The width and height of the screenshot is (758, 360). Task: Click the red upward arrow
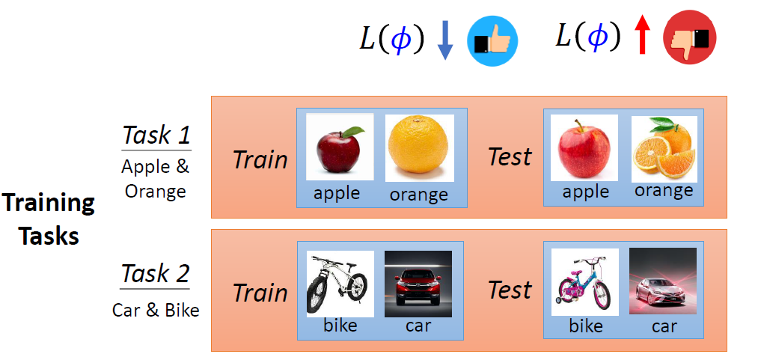pos(641,37)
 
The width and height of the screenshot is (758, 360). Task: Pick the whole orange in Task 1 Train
pos(419,147)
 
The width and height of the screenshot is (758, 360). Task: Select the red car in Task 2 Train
pos(418,283)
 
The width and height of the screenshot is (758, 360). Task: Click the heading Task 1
pos(156,135)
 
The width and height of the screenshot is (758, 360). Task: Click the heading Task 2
pos(156,274)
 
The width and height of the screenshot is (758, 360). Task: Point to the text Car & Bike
pos(156,310)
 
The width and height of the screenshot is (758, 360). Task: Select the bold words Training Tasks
pos(49,219)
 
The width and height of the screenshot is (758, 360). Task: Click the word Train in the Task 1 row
pos(260,159)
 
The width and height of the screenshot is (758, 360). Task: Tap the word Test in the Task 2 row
pos(510,290)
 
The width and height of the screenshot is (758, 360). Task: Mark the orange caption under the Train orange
pos(418,195)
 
